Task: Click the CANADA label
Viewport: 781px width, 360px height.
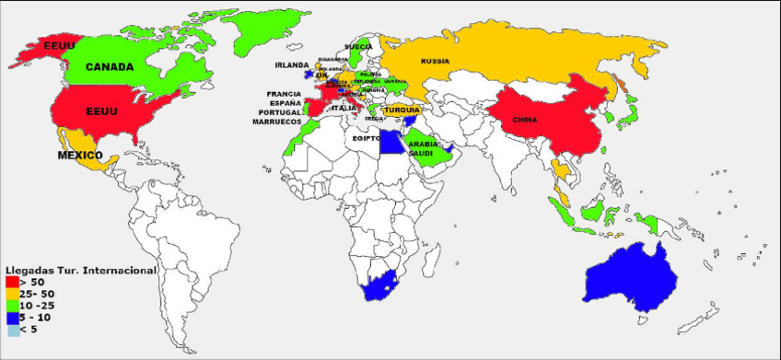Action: [110, 66]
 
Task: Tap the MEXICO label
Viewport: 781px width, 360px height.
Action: [80, 155]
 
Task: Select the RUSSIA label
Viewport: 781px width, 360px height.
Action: [435, 61]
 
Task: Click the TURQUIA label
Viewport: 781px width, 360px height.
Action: [402, 110]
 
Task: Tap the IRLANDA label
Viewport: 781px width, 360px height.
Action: [292, 65]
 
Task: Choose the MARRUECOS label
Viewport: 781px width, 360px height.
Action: [279, 122]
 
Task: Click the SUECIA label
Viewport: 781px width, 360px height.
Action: [358, 45]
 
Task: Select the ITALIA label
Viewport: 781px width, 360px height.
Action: [344, 108]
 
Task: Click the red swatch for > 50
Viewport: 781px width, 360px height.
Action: [11, 281]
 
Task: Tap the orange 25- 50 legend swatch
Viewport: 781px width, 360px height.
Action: [11, 293]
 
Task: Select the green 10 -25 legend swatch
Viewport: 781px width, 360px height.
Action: [11, 305]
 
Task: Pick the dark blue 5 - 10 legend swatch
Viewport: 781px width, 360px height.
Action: [11, 317]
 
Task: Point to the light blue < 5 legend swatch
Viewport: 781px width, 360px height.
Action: [11, 329]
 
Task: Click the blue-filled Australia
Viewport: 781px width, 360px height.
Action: [635, 276]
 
